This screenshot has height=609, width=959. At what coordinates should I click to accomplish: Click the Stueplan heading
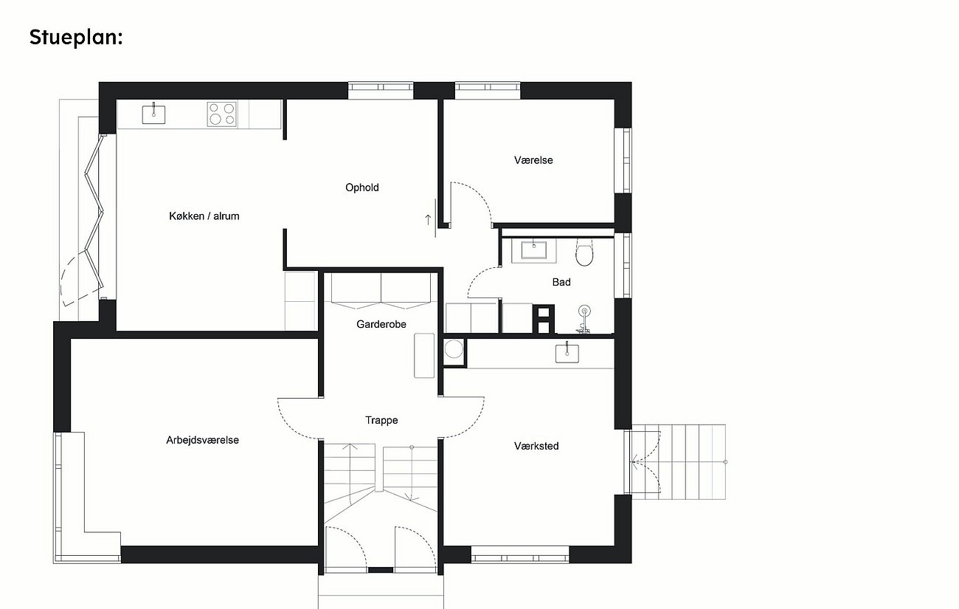(x=76, y=37)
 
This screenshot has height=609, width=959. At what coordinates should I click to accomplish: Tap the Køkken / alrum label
(x=204, y=216)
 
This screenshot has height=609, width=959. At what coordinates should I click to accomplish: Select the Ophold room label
(x=362, y=187)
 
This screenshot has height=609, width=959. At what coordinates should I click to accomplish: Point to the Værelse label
(x=533, y=160)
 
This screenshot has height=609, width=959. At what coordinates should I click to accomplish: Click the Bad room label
(x=561, y=282)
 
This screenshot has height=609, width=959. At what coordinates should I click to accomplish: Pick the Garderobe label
(x=381, y=324)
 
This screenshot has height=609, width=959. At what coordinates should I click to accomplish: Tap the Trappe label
(x=381, y=421)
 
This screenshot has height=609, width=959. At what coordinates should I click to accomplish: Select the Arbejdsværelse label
(x=203, y=440)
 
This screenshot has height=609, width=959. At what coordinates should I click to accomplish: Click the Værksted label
(x=536, y=447)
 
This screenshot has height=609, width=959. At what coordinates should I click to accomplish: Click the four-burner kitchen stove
(x=222, y=114)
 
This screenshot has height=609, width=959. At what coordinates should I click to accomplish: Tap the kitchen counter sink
(x=153, y=113)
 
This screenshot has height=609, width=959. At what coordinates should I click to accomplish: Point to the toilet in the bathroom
(x=584, y=252)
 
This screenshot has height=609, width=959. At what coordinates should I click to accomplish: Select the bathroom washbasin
(x=534, y=250)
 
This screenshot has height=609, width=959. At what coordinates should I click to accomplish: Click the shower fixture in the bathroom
(x=584, y=319)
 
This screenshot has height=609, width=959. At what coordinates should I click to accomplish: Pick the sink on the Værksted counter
(x=567, y=353)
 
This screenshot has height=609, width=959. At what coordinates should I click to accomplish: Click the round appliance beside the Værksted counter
(x=454, y=349)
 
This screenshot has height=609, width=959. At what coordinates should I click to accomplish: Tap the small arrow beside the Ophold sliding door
(x=428, y=220)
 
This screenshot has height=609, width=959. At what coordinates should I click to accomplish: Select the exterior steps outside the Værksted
(x=679, y=461)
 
